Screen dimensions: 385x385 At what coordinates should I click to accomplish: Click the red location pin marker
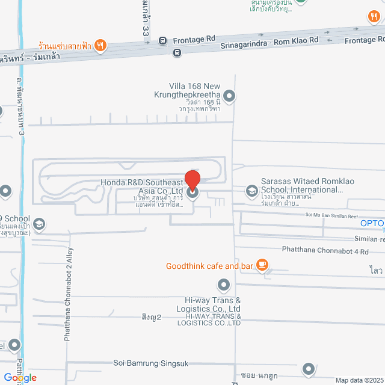coord(192,181)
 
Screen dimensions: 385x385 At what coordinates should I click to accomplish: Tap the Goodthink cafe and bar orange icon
coord(262,265)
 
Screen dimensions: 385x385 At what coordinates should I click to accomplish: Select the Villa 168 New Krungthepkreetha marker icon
coord(229,96)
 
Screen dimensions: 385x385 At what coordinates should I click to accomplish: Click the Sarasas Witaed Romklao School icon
coord(251,191)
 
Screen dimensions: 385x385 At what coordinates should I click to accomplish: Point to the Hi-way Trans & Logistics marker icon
coord(224,284)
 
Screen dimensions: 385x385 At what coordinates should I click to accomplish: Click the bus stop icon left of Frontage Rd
coord(162,40)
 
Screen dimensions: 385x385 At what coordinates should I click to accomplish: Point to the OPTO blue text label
coord(372,224)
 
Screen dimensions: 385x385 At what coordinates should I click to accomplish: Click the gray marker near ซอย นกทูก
coord(309,368)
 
